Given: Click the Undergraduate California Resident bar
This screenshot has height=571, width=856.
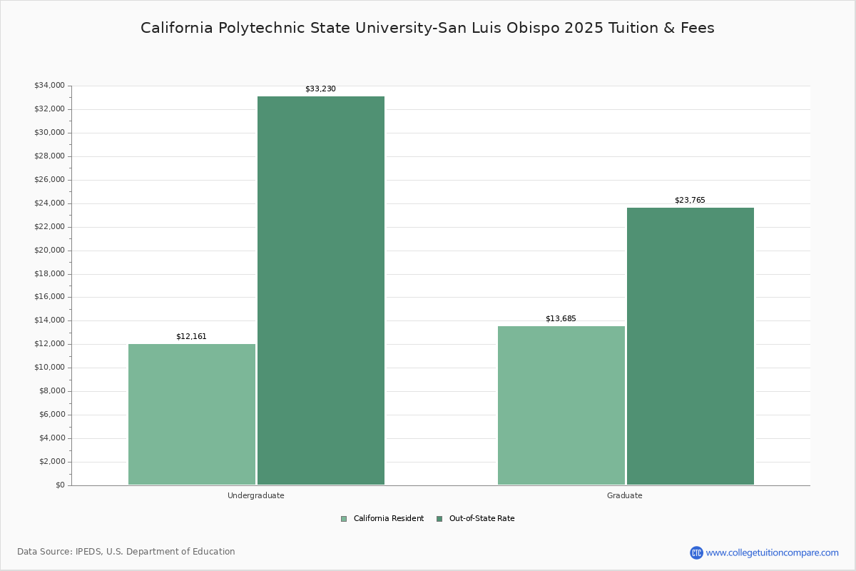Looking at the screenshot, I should click(192, 414).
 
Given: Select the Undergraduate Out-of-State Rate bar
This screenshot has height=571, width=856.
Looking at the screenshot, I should click(321, 290).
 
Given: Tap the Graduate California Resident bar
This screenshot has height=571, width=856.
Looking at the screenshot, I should click(561, 405).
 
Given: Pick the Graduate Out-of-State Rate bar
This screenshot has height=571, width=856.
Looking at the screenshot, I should click(691, 346).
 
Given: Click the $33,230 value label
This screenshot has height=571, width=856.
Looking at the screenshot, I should click(320, 89).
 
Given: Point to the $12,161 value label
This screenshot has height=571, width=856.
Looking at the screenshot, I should click(191, 336).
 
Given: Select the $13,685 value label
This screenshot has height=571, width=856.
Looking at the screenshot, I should click(561, 318).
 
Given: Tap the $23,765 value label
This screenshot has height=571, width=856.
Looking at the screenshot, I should click(690, 201).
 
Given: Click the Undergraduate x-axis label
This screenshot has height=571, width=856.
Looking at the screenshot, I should click(256, 495).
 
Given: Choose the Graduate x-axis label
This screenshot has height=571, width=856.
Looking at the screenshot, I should click(625, 495).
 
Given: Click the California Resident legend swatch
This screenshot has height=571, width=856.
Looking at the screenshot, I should click(344, 519).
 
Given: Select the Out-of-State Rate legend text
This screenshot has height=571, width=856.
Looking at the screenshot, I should click(481, 519).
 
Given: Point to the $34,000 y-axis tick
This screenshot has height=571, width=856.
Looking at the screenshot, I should click(49, 86).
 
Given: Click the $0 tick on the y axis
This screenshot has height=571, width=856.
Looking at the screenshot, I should click(60, 485).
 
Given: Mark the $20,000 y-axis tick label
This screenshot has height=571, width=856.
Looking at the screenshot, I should click(49, 251).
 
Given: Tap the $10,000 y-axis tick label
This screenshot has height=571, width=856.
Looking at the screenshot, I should click(49, 368).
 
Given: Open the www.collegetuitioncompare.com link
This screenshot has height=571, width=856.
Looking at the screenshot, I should click(772, 552).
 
